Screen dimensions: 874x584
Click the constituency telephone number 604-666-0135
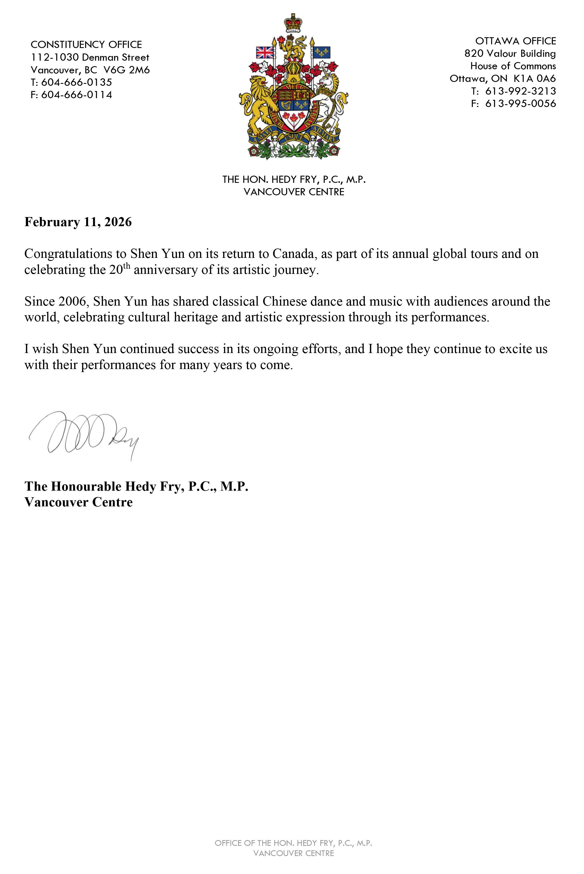(76, 82)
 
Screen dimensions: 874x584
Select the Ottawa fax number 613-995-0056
(520, 103)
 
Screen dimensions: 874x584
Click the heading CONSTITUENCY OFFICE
(86, 45)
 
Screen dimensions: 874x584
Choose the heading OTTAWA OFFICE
(516, 41)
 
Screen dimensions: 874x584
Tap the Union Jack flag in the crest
(265, 52)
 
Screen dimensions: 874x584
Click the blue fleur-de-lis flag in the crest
(322, 52)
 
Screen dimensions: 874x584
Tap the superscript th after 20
(127, 266)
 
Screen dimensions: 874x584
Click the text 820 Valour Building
(510, 54)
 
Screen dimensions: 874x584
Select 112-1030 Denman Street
(90, 57)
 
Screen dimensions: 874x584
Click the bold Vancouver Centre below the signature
(79, 502)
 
